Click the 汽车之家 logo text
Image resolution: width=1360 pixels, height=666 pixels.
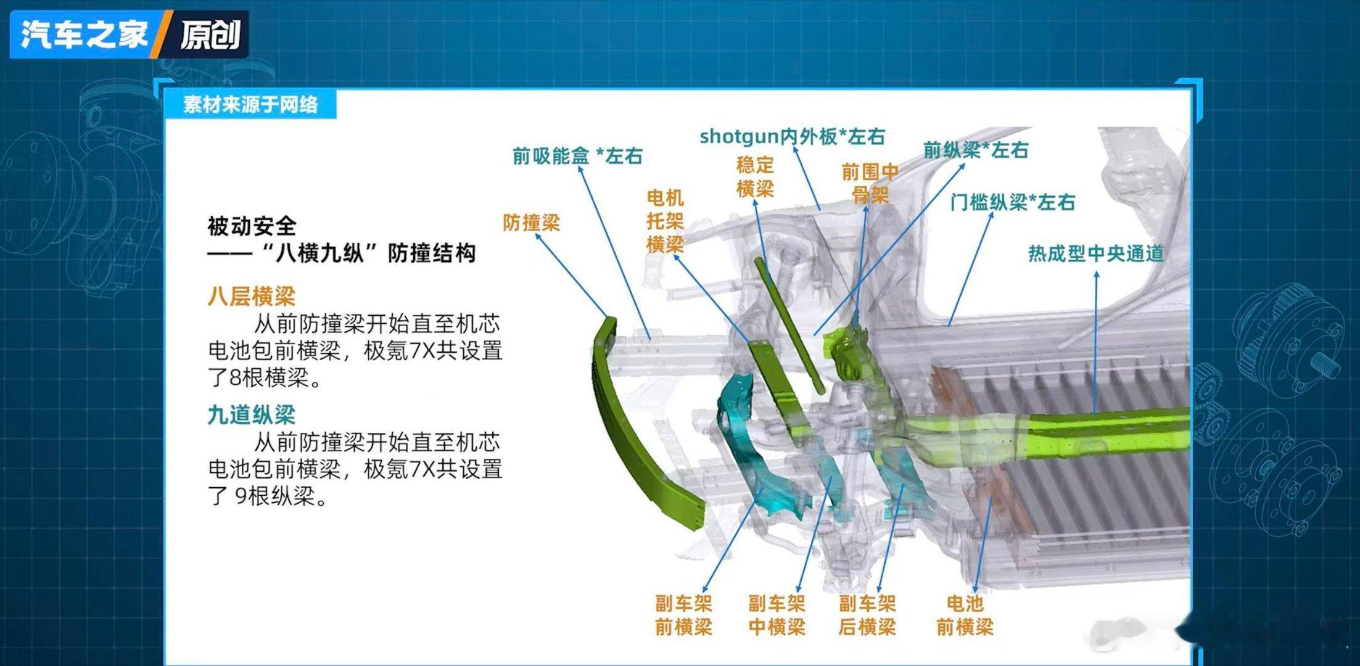point(84,33)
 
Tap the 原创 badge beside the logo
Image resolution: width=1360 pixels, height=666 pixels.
point(210,34)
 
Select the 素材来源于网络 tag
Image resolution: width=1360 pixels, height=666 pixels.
point(250,104)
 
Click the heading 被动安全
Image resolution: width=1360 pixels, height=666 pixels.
point(252,226)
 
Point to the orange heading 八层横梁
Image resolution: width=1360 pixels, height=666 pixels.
point(252,297)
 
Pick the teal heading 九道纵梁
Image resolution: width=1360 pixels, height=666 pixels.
point(252,415)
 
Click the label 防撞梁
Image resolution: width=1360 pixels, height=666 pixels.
point(531,223)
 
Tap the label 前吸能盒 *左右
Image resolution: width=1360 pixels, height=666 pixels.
point(577,156)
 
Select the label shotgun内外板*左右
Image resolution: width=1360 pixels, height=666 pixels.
point(793,136)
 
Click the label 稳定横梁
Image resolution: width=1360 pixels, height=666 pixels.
point(755,177)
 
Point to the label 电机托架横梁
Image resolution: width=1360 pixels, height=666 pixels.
point(665,221)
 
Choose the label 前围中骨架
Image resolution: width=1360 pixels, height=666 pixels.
point(870,183)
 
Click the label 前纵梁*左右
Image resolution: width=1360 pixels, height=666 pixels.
point(976,150)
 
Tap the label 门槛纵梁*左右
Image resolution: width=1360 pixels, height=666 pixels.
point(1013,202)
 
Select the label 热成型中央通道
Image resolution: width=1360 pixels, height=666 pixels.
point(1095,253)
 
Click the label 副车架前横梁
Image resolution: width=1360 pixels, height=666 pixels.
point(683,615)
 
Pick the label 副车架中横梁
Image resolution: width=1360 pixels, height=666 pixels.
point(777,615)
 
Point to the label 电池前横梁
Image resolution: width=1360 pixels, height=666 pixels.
point(965,615)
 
